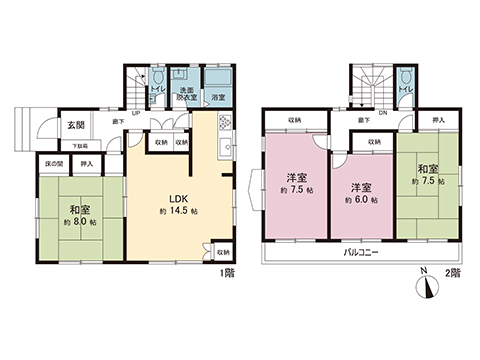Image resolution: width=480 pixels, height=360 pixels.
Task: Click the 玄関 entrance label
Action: [x=75, y=125]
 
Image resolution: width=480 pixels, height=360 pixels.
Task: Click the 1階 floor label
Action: [x=227, y=272]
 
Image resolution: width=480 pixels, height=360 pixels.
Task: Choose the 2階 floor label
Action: [x=452, y=272]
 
